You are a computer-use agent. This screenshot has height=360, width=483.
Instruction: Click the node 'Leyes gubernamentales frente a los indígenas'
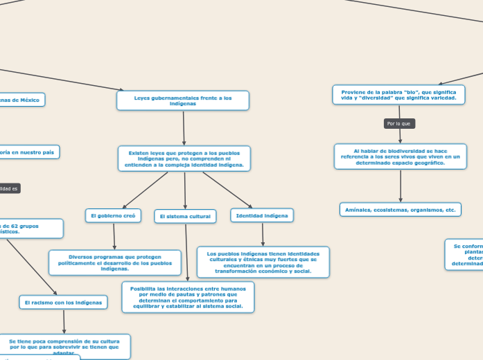183,101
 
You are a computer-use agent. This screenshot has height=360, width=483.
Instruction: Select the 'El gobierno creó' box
113,216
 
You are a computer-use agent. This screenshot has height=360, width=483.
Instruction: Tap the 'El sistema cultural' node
185,217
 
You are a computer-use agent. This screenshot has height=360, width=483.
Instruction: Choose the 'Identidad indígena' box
262,216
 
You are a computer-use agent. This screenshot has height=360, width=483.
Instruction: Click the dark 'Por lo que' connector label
399,123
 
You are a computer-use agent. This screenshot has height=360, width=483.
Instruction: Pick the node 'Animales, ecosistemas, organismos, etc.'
401,209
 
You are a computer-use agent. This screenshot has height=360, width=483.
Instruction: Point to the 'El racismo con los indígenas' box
63,303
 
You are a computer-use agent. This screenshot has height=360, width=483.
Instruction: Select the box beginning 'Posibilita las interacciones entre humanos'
188,298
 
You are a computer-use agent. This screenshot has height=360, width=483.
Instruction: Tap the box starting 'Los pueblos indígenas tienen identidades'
263,262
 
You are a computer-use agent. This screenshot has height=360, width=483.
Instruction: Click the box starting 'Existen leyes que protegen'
184,159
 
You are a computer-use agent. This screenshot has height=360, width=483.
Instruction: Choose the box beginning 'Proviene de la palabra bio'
398,95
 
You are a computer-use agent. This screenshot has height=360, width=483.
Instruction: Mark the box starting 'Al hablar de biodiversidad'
401,156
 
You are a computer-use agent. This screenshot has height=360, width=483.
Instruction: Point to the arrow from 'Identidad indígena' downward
263,235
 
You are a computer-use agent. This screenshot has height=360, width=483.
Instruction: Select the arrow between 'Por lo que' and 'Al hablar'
400,136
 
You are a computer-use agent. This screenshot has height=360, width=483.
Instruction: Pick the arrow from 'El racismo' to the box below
64,321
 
